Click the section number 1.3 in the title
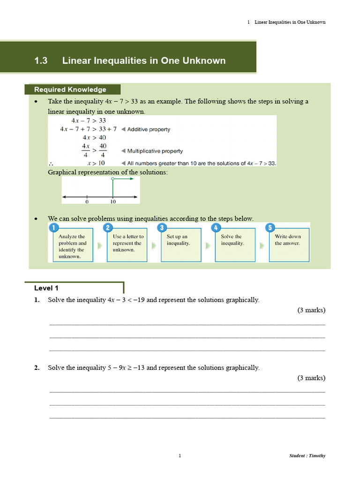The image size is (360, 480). point(41,60)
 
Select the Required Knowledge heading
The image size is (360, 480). point(70,90)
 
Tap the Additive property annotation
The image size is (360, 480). point(148,129)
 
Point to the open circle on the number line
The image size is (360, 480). point(112,180)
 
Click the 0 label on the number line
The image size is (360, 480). point(87,202)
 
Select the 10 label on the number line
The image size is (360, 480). point(113,202)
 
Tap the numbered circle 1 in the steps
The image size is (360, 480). point(53,228)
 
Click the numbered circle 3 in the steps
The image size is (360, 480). point(162,228)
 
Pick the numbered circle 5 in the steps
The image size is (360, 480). point(270,228)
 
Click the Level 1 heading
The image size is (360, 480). point(46,288)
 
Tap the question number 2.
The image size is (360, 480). point(37,368)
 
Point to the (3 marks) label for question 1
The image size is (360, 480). point(311,310)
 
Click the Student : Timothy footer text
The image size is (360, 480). point(307,456)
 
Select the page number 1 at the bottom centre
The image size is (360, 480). point(180,456)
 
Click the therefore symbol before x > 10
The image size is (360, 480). point(51,164)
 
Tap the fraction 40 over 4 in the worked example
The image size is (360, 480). point(103,151)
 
